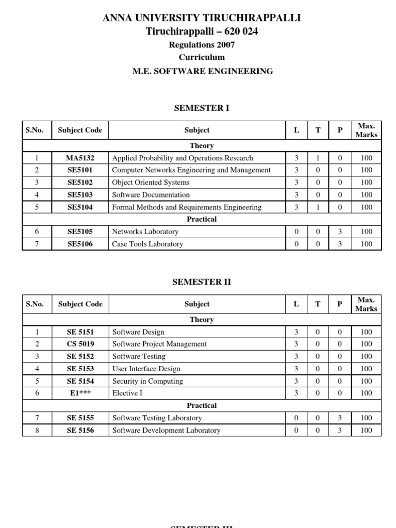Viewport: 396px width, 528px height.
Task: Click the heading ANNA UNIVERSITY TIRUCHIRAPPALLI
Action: pos(202,19)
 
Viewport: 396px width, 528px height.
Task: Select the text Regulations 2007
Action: pos(202,45)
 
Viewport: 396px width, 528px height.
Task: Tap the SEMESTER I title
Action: pos(202,108)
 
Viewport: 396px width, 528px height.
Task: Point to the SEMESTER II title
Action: pos(202,282)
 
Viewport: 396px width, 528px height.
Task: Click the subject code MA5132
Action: pos(80,158)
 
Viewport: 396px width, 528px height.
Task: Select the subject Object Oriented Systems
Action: pos(151,183)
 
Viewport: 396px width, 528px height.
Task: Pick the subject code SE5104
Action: pos(80,207)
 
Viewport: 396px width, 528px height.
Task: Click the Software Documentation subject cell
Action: pos(151,195)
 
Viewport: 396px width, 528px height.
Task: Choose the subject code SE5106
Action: pos(80,244)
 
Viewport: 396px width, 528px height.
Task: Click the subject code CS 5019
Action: pos(80,344)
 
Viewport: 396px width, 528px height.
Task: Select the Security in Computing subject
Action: pos(147,381)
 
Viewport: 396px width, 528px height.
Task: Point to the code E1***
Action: pos(80,393)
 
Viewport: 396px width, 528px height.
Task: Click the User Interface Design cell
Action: pos(146,369)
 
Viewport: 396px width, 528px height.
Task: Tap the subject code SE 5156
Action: pos(80,430)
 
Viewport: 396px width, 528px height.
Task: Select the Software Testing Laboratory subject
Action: pos(157,418)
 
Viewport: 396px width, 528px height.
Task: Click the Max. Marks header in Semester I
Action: pos(366,130)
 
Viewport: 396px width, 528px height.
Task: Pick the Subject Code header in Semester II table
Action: pos(80,304)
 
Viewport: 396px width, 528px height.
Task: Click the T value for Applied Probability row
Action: pos(318,158)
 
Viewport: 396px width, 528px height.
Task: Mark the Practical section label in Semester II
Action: pos(202,405)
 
